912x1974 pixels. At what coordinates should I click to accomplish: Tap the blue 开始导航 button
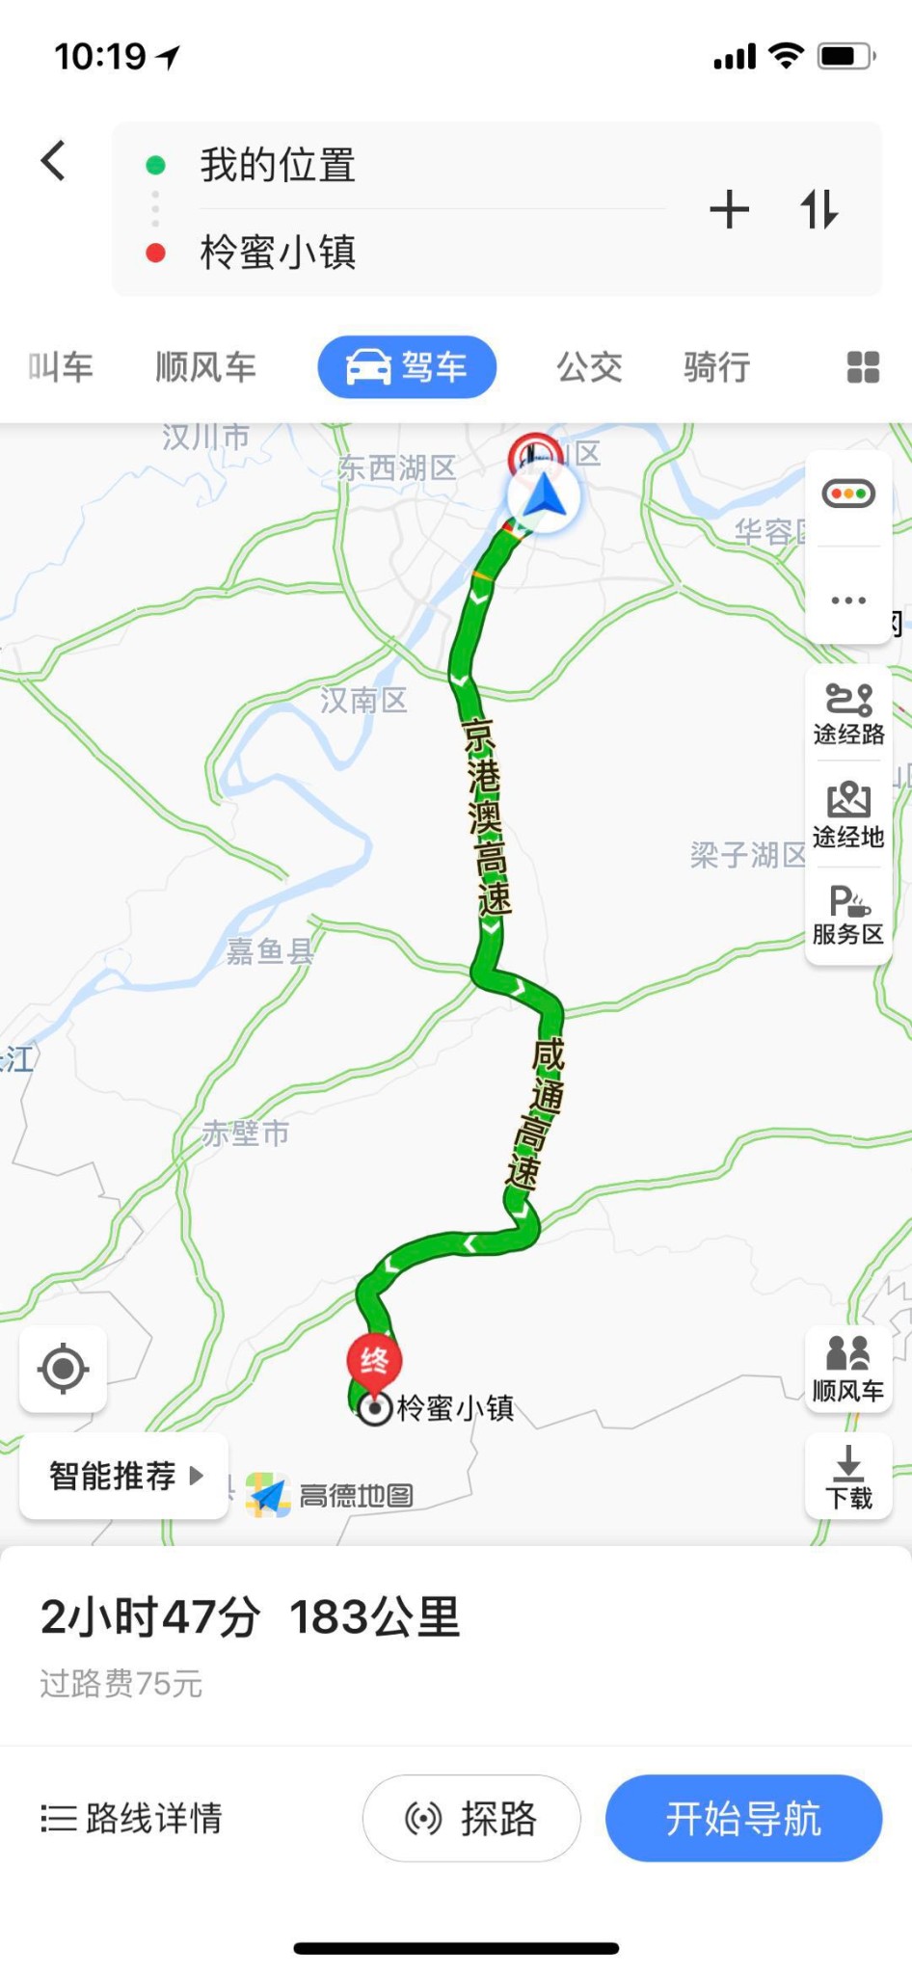743,1818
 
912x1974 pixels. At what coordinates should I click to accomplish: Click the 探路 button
471,1818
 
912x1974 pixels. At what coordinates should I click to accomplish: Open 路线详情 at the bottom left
132,1818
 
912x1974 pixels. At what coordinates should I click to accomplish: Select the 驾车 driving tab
407,367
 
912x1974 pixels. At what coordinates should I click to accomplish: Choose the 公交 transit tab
589,367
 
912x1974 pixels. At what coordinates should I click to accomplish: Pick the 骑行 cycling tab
716,367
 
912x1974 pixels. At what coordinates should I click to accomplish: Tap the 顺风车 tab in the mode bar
205,367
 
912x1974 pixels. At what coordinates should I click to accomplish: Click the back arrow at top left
54,161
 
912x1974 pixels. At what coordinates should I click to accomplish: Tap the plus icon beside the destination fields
729,209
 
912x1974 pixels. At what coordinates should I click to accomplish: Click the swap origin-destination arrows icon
818,209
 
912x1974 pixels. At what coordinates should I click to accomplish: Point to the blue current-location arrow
544,497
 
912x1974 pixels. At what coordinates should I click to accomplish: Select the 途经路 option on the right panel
848,714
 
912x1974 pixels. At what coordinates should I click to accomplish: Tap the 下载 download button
848,1476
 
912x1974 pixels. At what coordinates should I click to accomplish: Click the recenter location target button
64,1369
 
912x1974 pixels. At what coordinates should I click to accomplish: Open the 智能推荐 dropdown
124,1476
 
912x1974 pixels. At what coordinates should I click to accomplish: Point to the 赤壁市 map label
246,1134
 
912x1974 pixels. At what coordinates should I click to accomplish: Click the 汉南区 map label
363,700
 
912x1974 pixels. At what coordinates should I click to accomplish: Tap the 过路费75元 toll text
121,1683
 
